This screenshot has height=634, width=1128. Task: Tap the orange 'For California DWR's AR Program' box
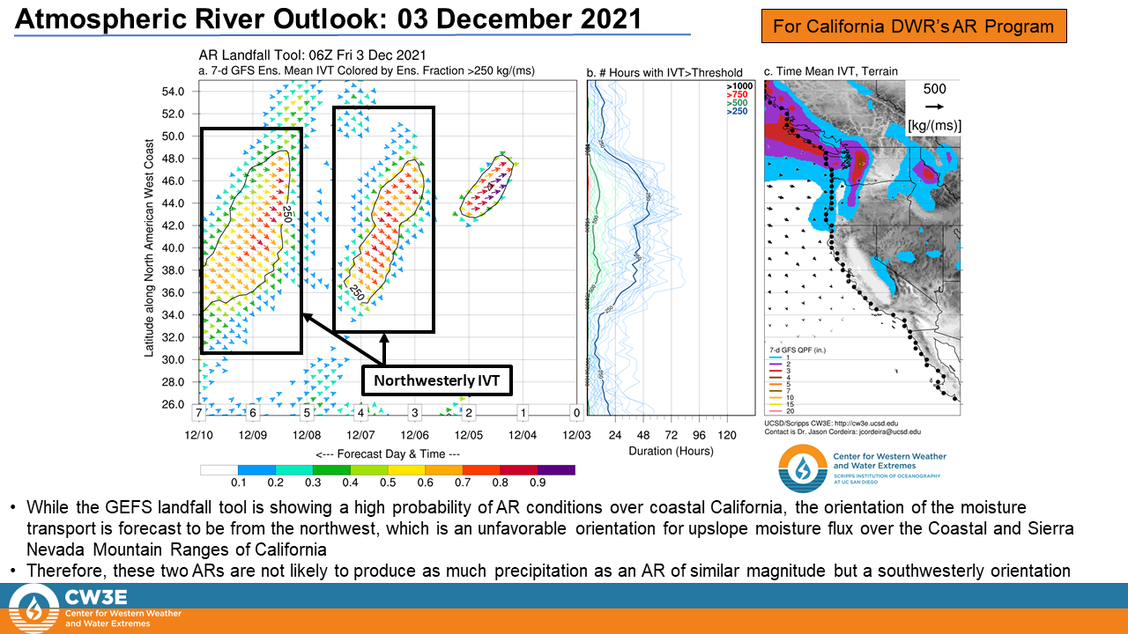click(x=914, y=26)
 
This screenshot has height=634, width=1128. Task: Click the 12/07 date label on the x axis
click(x=360, y=435)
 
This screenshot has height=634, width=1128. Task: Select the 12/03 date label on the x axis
click(x=576, y=435)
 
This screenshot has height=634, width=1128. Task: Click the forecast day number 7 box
click(x=200, y=412)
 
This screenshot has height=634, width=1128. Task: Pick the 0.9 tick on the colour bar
click(x=538, y=483)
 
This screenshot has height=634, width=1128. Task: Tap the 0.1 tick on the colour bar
click(x=238, y=483)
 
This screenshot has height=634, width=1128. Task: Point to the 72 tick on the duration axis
click(x=672, y=435)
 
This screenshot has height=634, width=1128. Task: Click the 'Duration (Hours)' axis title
click(x=671, y=451)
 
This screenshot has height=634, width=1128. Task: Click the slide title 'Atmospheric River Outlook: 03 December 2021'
click(x=329, y=18)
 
